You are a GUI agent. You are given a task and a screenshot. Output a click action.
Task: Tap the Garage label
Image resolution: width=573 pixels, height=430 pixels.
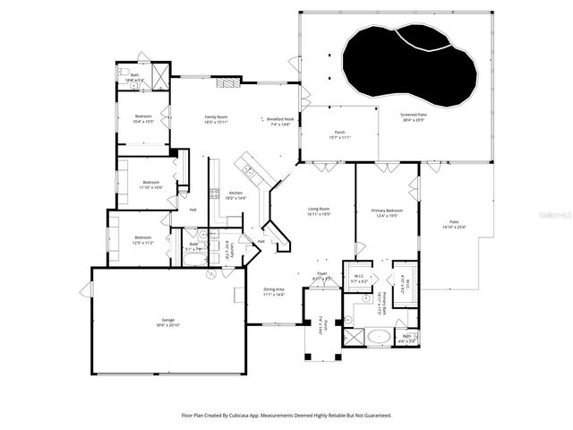click(x=167, y=320)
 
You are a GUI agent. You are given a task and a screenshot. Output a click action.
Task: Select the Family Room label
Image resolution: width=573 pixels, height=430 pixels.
click(x=216, y=117)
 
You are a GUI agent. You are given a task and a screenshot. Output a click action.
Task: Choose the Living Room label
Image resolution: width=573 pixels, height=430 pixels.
click(x=320, y=210)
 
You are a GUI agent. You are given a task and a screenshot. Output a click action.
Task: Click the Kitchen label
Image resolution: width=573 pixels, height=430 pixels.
click(x=235, y=193)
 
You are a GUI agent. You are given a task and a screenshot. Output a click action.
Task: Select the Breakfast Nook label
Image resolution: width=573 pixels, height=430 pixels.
click(x=280, y=119)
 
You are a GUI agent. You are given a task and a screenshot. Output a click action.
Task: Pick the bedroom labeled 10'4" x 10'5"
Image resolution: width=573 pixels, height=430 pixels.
click(x=143, y=116)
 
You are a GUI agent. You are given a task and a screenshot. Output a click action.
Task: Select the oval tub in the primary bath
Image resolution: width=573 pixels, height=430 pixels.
click(x=380, y=338)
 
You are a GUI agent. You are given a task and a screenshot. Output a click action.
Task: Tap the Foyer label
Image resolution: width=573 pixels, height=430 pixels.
click(x=322, y=277)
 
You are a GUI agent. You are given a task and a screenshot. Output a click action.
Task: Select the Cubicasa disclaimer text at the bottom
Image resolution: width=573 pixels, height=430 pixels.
click(x=286, y=415)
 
